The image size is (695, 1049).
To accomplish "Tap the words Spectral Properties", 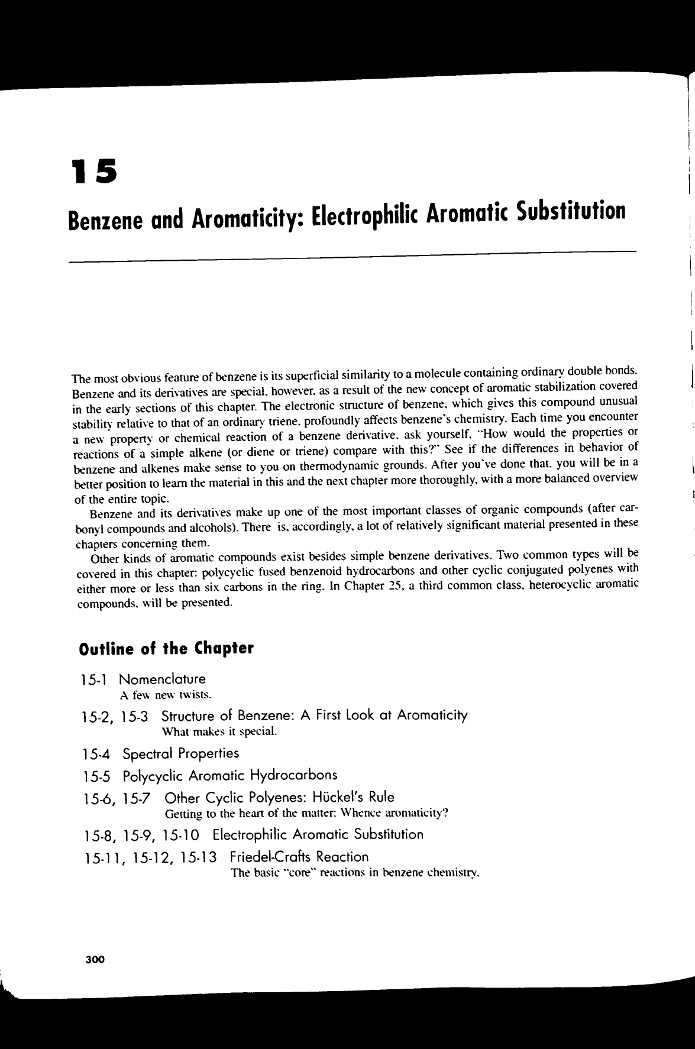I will [x=180, y=753].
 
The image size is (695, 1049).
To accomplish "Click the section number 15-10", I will [x=184, y=835].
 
